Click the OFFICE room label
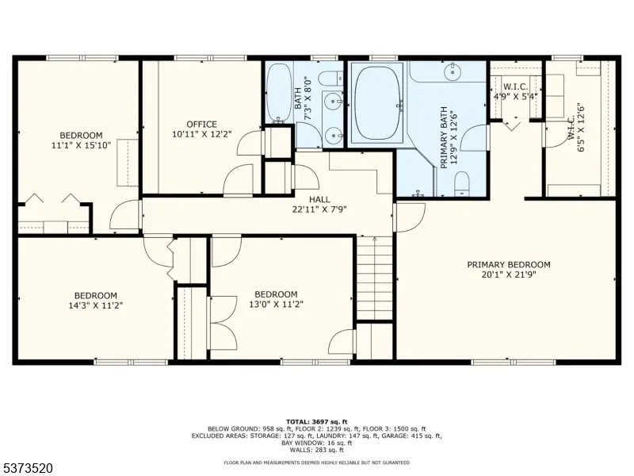point(201,125)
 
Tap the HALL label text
point(319,199)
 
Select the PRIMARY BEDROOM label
point(509,265)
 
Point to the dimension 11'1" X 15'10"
point(82,145)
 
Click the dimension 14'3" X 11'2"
point(96,305)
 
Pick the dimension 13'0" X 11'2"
point(276,304)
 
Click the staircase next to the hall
point(374,278)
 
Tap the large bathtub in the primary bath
point(378,103)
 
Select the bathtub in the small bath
point(279,93)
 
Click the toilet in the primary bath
point(461,183)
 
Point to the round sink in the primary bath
point(452,72)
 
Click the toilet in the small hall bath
point(330,78)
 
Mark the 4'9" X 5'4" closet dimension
point(516,97)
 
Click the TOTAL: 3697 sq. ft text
point(316,422)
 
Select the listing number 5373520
point(26,468)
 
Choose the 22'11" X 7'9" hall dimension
point(319,209)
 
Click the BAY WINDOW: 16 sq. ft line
point(316,443)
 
